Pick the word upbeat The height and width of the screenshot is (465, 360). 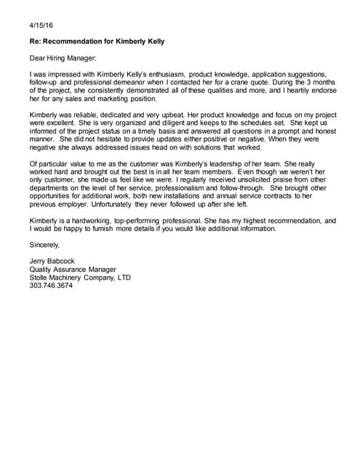tap(185, 115)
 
